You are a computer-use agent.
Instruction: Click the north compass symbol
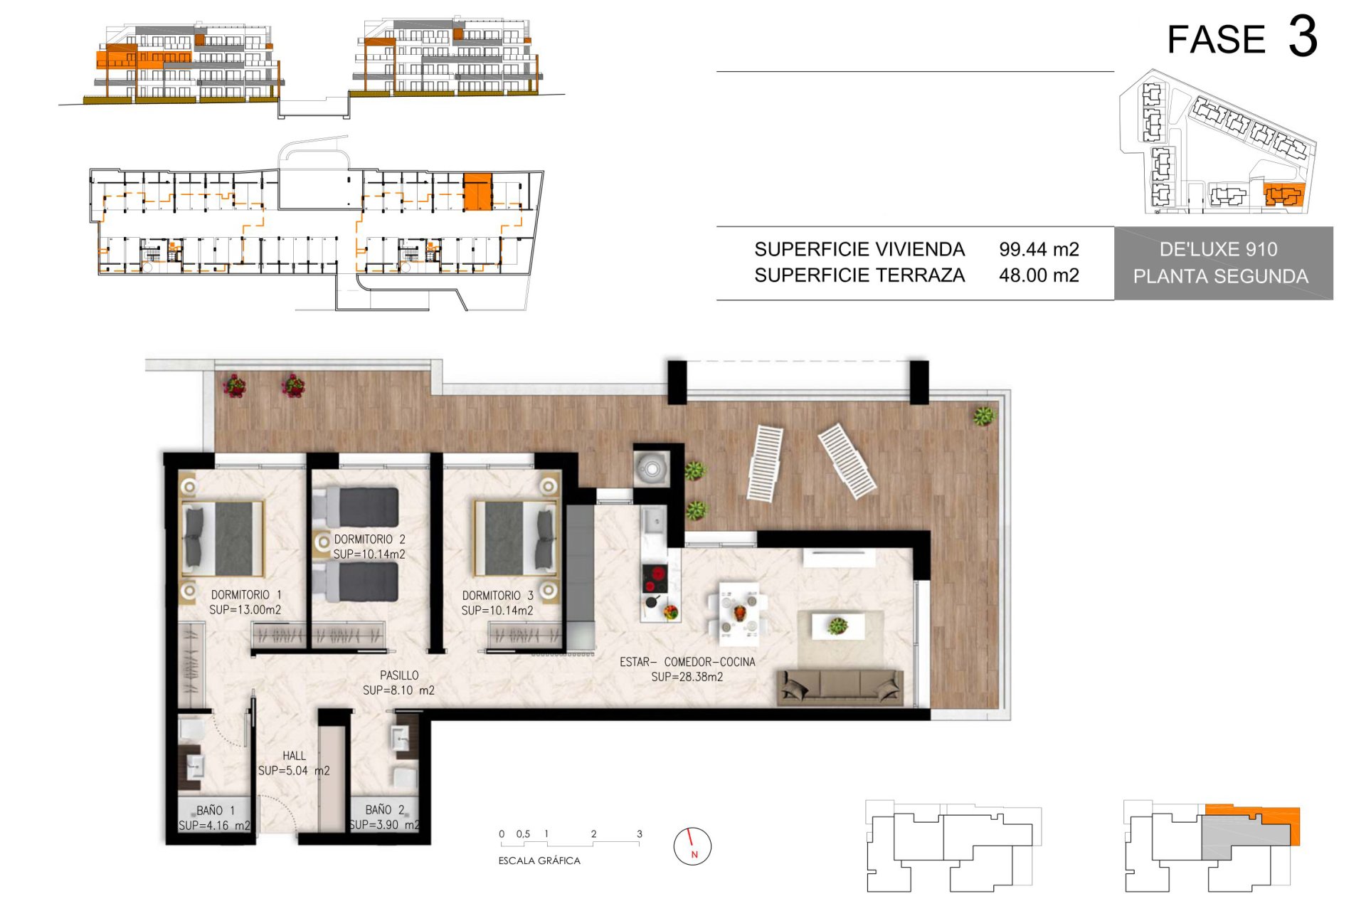[692, 846]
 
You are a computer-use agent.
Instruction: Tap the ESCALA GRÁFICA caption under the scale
[539, 861]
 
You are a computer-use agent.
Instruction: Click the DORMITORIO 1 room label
[246, 595]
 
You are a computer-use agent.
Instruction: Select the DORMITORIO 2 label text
[369, 539]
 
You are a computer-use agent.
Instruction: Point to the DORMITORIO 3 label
[497, 596]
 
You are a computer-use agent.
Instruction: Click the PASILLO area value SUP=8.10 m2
[398, 690]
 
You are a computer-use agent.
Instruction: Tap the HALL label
[294, 756]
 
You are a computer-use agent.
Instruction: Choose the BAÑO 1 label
[216, 811]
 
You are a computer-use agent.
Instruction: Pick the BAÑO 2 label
[385, 810]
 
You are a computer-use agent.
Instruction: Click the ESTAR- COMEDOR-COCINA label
[687, 662]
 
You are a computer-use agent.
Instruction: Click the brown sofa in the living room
[840, 686]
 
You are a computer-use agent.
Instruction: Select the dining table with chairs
[739, 611]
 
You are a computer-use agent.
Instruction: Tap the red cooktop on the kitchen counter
[655, 578]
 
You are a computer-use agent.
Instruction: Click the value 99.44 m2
[1039, 250]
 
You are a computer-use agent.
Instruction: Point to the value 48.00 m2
[1039, 275]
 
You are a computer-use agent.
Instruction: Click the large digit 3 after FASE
[1303, 37]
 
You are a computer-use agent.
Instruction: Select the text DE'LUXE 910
[1218, 250]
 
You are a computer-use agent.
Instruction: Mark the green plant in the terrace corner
[984, 416]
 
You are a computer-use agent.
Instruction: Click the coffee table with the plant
[839, 626]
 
